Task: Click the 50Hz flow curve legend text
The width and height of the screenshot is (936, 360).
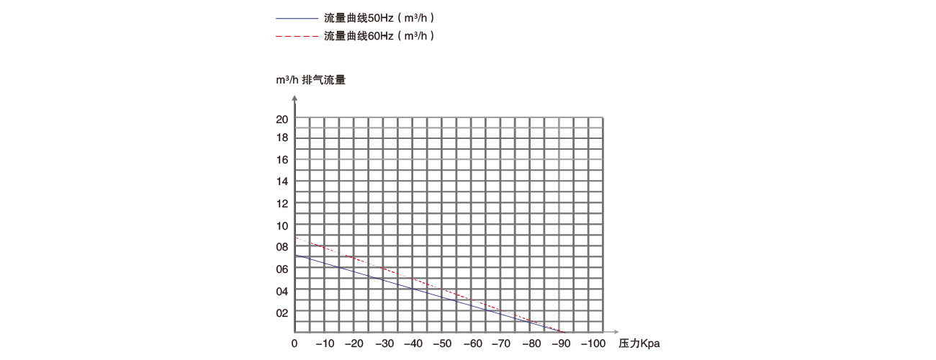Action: pos(379,17)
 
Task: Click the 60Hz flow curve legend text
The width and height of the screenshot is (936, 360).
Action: pos(379,35)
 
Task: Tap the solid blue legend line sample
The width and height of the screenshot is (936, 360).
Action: pos(297,17)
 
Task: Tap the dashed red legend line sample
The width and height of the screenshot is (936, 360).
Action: pos(297,35)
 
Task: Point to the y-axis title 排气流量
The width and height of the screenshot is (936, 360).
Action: pos(323,80)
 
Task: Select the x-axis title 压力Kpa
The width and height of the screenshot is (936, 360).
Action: pos(639,343)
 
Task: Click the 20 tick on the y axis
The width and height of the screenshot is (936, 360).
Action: pos(282,120)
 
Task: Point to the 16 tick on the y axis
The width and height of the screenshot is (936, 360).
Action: pos(282,160)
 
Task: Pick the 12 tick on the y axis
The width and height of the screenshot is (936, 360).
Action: pos(282,204)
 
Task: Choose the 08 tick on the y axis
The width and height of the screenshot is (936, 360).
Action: pos(282,247)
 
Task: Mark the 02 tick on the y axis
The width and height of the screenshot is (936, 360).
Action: pos(282,312)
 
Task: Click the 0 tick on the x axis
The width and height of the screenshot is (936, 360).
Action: pos(294,343)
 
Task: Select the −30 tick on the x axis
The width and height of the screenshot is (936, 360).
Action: pos(385,343)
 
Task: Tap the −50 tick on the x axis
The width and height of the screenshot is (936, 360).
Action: pos(444,343)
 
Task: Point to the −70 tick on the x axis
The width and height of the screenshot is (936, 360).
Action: pos(503,343)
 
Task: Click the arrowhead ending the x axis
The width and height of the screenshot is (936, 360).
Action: pos(611,332)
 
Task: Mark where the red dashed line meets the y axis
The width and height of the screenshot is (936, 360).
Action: pos(295,238)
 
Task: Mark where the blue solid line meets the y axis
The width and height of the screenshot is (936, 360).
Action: pos(295,255)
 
